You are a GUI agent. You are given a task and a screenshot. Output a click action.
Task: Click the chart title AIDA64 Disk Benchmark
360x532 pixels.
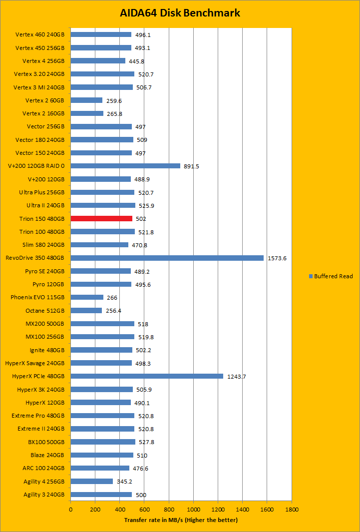click(180, 13)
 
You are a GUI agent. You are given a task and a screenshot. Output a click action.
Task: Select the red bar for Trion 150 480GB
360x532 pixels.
click(101, 218)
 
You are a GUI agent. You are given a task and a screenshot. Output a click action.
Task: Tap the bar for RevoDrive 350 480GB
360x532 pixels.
click(167, 258)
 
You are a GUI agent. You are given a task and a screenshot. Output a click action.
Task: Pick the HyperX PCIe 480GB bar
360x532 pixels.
click(147, 376)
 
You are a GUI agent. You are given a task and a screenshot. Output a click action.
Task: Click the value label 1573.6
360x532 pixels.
click(277, 258)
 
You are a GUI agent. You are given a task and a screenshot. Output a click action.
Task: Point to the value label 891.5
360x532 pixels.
click(191, 166)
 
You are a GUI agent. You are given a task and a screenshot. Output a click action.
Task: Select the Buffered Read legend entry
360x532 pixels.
click(331, 276)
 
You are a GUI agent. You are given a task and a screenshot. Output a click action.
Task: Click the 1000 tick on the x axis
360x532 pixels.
click(193, 510)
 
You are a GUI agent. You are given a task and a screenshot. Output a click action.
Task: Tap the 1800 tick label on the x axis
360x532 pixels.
click(292, 510)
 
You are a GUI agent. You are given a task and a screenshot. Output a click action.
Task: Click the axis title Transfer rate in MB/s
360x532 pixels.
click(181, 520)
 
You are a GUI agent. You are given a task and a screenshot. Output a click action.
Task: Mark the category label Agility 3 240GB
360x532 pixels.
click(44, 495)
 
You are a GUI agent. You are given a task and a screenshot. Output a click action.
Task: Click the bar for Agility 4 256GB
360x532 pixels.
click(91, 481)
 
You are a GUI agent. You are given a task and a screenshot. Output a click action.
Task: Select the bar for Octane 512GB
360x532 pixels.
click(86, 310)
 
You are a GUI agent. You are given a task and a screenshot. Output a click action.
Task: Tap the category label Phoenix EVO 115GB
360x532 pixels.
click(37, 297)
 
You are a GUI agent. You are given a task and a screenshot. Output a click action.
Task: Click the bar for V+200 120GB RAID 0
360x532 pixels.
click(125, 166)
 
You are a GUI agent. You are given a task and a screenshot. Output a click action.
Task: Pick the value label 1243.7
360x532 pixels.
click(236, 377)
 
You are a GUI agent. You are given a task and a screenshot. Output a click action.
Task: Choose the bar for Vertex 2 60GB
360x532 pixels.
click(86, 100)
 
